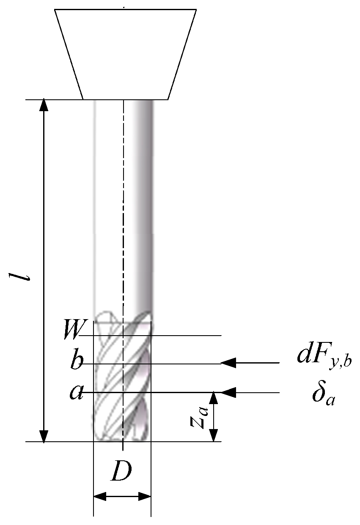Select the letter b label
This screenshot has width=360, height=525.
pos(77,363)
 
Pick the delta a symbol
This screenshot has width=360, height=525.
pos(323,394)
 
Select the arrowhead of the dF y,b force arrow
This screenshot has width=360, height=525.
pos(228,363)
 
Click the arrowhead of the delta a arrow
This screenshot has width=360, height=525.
pos(228,393)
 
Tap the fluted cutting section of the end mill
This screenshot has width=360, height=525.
pos(122,380)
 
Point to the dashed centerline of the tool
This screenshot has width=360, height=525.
pos(123,211)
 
